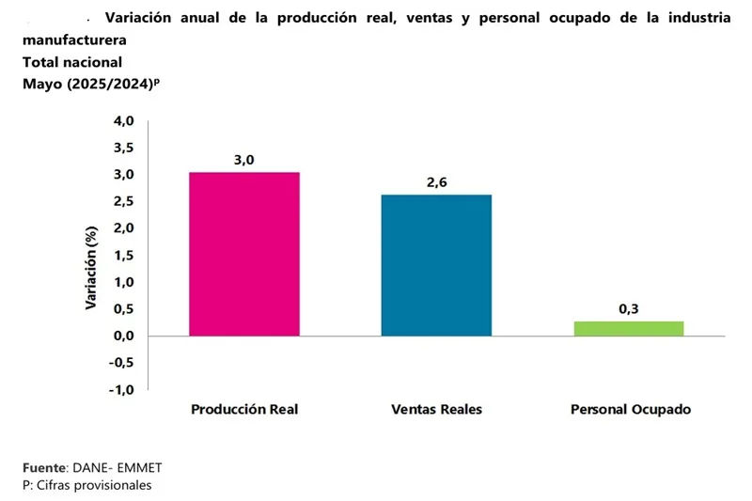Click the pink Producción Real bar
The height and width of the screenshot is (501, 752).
(x=244, y=254)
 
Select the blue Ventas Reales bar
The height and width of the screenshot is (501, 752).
(x=436, y=265)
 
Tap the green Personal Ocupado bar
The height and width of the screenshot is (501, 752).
(x=628, y=328)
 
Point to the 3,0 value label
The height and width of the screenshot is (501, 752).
(x=244, y=160)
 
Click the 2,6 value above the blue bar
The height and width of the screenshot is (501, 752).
(x=436, y=182)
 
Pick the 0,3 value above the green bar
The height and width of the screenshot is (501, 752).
(x=629, y=308)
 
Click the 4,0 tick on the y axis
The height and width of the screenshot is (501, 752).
(x=124, y=121)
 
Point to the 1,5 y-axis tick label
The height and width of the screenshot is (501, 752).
(x=124, y=256)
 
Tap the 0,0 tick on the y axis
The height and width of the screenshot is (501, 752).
(x=124, y=337)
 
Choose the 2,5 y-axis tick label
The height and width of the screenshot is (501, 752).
(x=124, y=202)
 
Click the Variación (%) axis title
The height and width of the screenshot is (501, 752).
(x=92, y=268)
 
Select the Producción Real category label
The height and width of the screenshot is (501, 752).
(x=244, y=410)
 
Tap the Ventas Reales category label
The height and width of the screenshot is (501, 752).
(x=436, y=410)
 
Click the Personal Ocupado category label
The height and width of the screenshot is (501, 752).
(x=631, y=410)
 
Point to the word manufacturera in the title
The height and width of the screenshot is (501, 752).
(x=74, y=41)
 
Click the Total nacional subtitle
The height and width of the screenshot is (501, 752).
(x=72, y=62)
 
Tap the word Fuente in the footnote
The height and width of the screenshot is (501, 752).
(x=44, y=467)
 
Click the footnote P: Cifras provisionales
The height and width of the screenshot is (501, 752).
(x=86, y=485)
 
